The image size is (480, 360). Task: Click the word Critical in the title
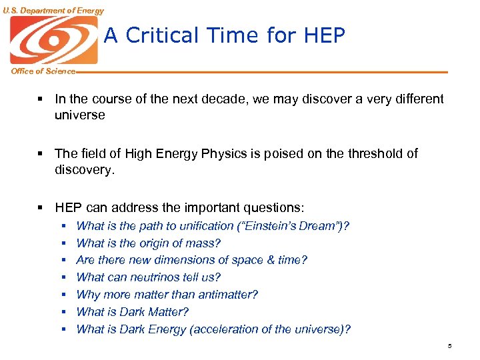161,35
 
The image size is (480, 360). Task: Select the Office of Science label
43,71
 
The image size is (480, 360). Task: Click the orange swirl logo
53,40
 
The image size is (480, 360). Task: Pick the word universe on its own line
80,115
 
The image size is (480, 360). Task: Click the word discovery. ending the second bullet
85,169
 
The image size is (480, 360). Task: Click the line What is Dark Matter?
133,312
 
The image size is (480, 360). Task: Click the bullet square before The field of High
41,154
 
